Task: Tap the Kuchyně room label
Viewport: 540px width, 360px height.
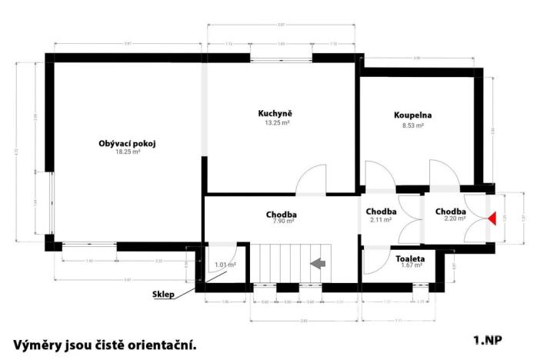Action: point(275,114)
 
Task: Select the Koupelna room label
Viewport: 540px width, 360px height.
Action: point(413,115)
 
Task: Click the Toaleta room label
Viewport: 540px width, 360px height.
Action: point(408,259)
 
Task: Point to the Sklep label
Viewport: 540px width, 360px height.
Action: point(162,293)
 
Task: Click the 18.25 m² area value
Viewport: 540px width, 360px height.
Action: point(128,152)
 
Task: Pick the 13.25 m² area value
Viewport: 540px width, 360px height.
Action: point(275,122)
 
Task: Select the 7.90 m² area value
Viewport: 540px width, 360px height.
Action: point(282,222)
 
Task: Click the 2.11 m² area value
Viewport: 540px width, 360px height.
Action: point(381,220)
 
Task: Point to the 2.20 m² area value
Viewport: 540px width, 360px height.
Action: point(450,219)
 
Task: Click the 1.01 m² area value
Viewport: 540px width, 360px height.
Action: point(225,265)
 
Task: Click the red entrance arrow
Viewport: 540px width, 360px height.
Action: point(492,218)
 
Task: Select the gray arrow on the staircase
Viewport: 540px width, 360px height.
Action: point(316,264)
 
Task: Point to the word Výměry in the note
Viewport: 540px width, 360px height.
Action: point(38,345)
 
